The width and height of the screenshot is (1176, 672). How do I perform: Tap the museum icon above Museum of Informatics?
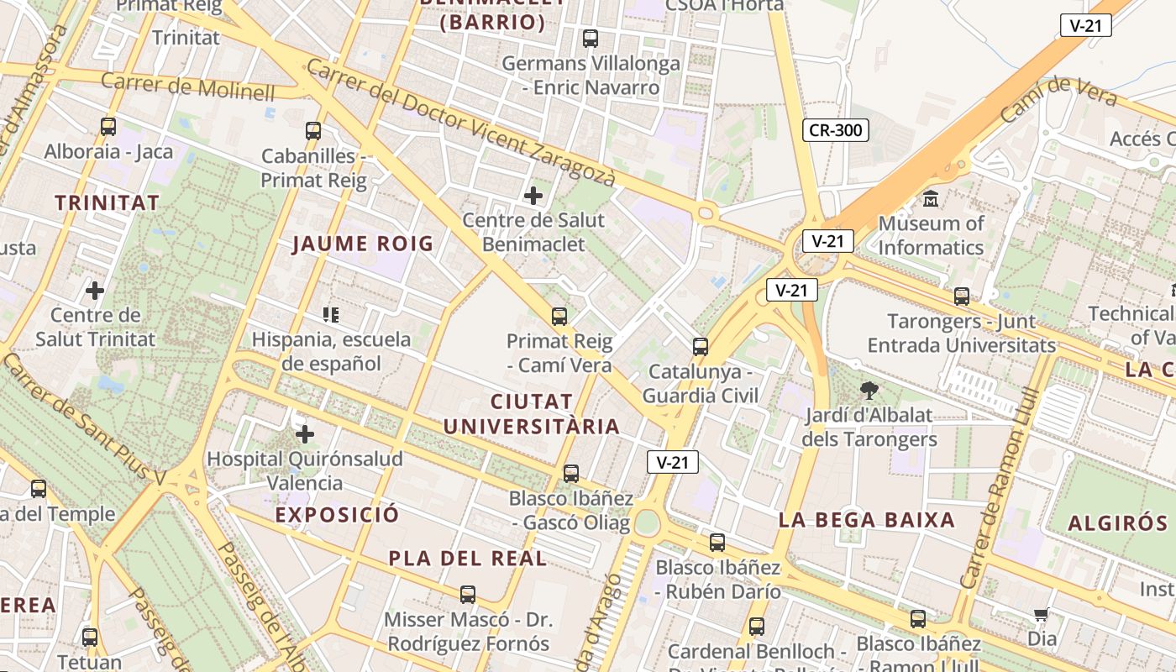click(931, 199)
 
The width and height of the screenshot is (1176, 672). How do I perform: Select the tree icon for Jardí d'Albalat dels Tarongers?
click(869, 390)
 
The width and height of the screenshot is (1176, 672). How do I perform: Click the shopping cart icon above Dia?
click(1042, 615)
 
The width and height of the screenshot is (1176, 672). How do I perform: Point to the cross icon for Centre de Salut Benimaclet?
click(533, 196)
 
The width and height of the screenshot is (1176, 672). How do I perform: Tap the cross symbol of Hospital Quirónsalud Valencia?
click(305, 434)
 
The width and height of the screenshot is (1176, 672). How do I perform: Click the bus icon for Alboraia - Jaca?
click(108, 127)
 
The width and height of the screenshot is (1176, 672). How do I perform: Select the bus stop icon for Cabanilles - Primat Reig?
click(313, 130)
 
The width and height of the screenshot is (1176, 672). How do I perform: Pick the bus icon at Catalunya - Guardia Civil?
click(700, 346)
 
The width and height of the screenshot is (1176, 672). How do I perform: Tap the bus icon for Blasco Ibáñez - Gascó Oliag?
click(571, 473)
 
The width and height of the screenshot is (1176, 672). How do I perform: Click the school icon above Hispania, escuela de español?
click(331, 315)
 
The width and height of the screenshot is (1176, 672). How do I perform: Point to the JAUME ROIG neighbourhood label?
click(362, 244)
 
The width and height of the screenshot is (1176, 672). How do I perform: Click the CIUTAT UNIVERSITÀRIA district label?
click(531, 414)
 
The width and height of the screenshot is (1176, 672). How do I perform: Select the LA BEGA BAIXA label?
click(866, 519)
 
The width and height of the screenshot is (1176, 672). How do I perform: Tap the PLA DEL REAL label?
click(467, 559)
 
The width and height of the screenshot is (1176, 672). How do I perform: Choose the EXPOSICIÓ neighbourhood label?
click(337, 515)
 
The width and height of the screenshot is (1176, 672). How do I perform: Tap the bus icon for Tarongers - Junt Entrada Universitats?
click(962, 297)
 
